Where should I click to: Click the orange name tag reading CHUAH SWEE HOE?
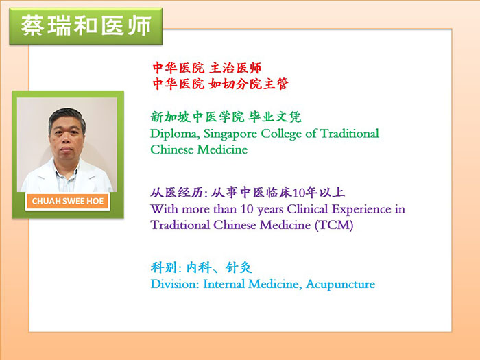coord(67,201)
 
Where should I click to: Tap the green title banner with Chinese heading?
coord(86,26)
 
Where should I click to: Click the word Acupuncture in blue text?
coord(340,285)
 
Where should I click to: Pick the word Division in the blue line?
coord(175,284)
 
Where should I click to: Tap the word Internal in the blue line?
coord(224,284)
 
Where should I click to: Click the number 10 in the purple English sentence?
coord(247,209)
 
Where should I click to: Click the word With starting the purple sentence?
coord(165,209)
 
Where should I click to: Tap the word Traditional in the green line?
coord(349,134)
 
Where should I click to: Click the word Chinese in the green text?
coord(171,149)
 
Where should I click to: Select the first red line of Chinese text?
coord(207,68)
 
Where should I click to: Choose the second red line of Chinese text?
coord(220,84)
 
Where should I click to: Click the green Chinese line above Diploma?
coord(226,117)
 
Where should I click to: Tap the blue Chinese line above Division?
coord(201,267)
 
